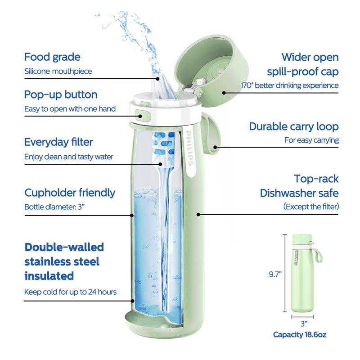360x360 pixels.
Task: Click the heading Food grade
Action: [x=52, y=57]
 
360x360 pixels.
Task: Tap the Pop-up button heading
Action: [x=60, y=94]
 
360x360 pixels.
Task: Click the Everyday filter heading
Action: [x=58, y=142]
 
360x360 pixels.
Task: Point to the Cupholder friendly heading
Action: [x=70, y=193]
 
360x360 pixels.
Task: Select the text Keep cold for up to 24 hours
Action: [x=70, y=292]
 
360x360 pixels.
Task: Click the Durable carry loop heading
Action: [x=294, y=126]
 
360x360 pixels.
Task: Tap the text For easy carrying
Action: [x=311, y=140]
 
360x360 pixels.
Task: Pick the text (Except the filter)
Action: [x=311, y=207]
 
